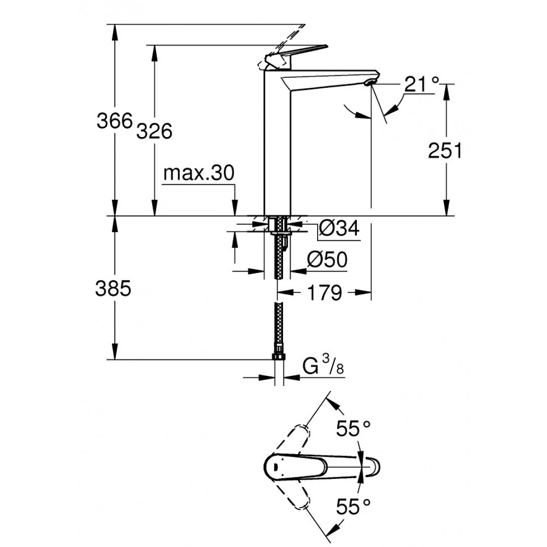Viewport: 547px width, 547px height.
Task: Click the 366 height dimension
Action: pos(114,121)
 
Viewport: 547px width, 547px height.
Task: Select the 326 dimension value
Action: pos(155,131)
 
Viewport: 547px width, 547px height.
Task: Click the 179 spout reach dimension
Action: pos(324,292)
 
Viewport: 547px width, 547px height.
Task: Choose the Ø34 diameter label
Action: pos(339,229)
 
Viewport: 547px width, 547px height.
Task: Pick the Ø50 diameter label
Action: pos(327,259)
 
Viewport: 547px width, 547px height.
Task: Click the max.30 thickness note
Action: pos(199,174)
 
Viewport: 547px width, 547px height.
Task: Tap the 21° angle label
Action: pos(422,83)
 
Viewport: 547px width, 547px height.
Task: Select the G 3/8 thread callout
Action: pos(323,368)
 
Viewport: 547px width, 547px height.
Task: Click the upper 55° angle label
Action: pos(354,429)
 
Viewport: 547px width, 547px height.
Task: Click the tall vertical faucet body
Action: pos(278,151)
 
